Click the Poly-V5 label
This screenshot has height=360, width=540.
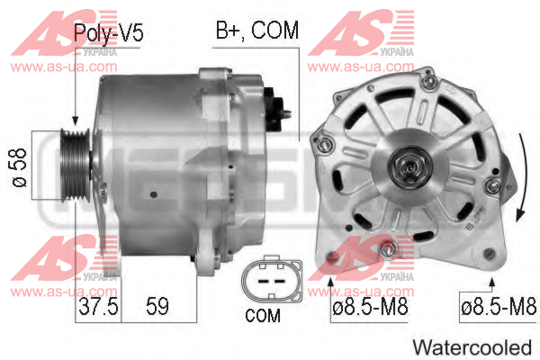click(x=108, y=32)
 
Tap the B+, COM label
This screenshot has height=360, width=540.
click(x=256, y=30)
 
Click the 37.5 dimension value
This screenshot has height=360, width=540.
click(x=98, y=306)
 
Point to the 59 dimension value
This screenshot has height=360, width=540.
click(x=157, y=306)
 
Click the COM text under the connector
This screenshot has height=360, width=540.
click(x=263, y=315)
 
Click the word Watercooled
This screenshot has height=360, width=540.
click(x=472, y=347)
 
